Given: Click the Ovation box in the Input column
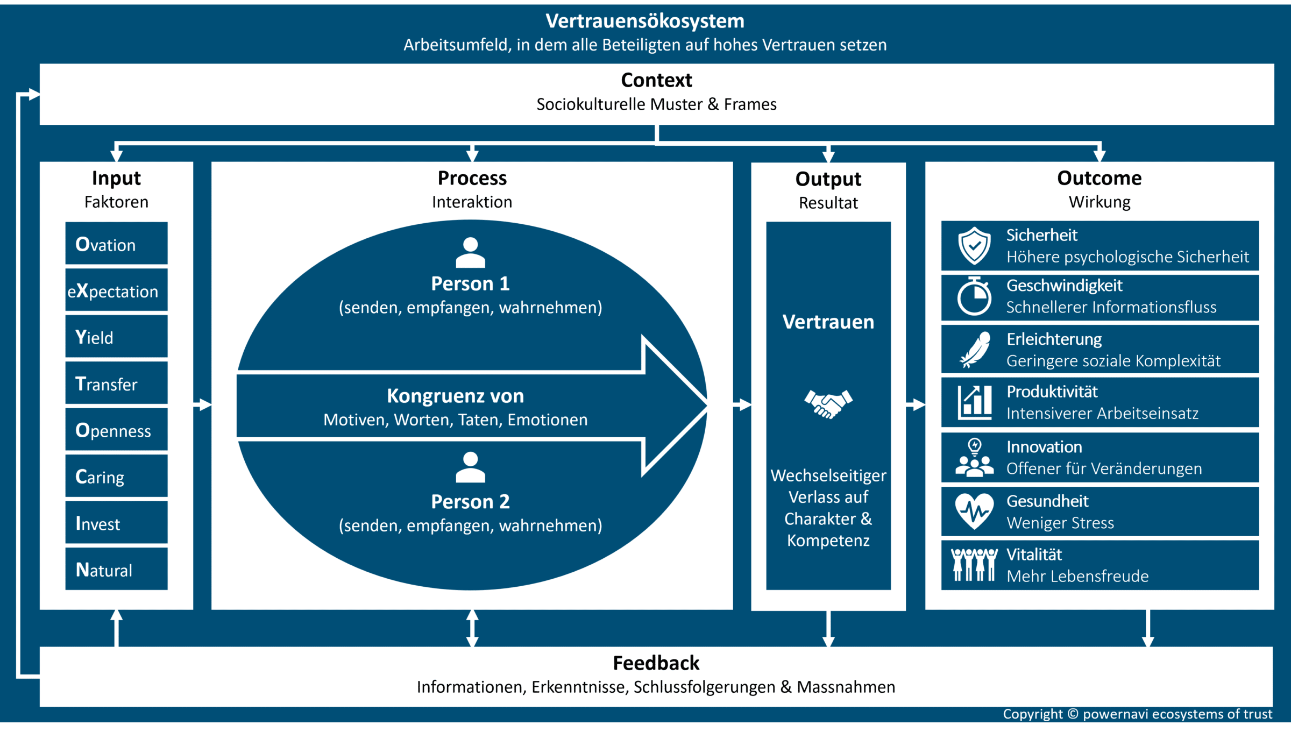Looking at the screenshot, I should click(x=116, y=244).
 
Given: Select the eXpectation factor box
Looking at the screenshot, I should click(x=116, y=290).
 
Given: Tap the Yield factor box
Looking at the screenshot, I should click(x=116, y=337).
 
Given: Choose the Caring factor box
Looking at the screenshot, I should click(x=116, y=476).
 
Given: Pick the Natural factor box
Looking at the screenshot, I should click(x=116, y=569).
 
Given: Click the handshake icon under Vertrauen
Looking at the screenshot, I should click(x=828, y=403).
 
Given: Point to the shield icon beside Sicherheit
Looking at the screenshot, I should click(x=974, y=246).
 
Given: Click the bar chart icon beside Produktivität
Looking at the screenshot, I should click(x=975, y=402).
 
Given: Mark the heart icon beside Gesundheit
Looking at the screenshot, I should click(x=974, y=511).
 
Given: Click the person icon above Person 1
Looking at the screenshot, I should click(x=470, y=252).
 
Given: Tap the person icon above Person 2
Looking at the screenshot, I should click(x=470, y=467).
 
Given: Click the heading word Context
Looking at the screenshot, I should click(x=656, y=80).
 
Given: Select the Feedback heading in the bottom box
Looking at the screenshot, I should click(x=656, y=663).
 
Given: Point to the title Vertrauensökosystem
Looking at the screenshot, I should click(x=645, y=21).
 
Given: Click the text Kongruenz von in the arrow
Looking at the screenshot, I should click(x=455, y=396).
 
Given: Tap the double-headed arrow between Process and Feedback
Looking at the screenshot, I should click(x=472, y=628).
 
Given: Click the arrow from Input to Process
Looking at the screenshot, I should click(x=202, y=404).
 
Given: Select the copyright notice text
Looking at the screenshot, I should click(x=1137, y=714).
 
